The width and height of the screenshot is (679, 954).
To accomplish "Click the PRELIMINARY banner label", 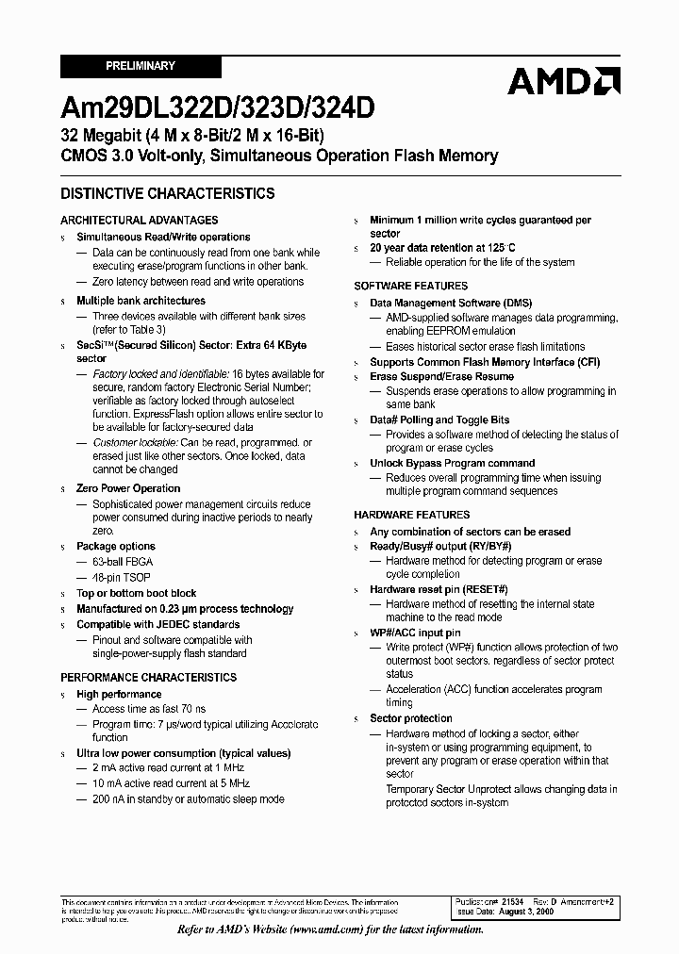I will point(141,66).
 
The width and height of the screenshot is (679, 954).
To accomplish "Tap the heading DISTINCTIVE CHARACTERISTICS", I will point(168,193).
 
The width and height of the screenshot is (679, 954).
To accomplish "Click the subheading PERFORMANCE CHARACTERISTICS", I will point(149,677).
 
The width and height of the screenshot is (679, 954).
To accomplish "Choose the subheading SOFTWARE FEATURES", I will point(410,286).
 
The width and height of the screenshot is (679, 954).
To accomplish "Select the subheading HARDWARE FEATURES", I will point(411,515).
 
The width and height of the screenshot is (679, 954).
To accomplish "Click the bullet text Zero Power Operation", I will point(128,488).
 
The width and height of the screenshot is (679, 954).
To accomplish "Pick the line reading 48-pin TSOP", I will point(122,576).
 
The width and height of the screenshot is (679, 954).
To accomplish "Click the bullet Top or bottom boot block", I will point(137,593).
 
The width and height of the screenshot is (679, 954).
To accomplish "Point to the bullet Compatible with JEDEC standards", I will point(157,624).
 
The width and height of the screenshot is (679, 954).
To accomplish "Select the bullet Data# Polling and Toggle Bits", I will point(439,419).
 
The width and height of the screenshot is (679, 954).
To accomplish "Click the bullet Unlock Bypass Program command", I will point(452,463).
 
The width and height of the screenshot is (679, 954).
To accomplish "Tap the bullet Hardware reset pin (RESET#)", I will point(439,589).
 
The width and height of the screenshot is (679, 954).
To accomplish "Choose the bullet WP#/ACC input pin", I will point(415,633).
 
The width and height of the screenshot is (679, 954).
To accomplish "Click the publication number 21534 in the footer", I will point(513,902).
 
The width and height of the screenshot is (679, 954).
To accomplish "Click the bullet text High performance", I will point(119,694).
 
